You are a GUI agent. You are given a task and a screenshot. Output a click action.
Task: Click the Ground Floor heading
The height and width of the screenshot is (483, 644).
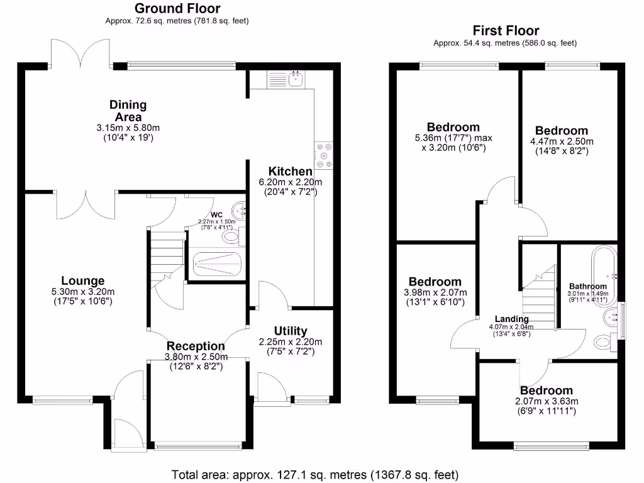177,8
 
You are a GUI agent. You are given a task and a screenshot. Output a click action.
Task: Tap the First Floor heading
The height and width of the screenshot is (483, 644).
506,30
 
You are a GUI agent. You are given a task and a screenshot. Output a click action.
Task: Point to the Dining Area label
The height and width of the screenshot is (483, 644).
128,111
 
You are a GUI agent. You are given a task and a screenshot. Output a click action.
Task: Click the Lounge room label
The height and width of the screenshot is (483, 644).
83,280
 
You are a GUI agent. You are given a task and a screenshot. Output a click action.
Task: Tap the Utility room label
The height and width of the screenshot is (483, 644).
291,331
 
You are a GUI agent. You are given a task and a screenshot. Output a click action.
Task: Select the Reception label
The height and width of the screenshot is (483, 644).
195,346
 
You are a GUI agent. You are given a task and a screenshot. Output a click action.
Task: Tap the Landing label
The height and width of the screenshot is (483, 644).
511,319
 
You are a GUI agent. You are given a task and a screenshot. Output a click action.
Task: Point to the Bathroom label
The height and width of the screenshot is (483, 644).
587,286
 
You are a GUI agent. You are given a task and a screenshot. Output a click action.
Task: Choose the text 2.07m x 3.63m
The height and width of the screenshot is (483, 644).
546,401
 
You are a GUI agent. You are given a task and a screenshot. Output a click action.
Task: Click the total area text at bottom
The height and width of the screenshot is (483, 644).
315,473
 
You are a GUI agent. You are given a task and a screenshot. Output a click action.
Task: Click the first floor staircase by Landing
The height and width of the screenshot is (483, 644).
540,296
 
